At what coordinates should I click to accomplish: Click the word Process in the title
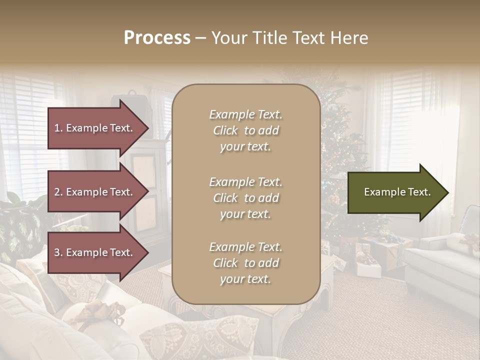click(157, 38)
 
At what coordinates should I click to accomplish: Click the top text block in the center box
click(245, 130)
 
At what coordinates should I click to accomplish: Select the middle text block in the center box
click(245, 198)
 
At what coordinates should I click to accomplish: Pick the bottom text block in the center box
click(245, 263)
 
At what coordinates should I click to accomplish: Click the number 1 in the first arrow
click(57, 128)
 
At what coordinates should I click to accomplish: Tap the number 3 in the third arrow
click(57, 252)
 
